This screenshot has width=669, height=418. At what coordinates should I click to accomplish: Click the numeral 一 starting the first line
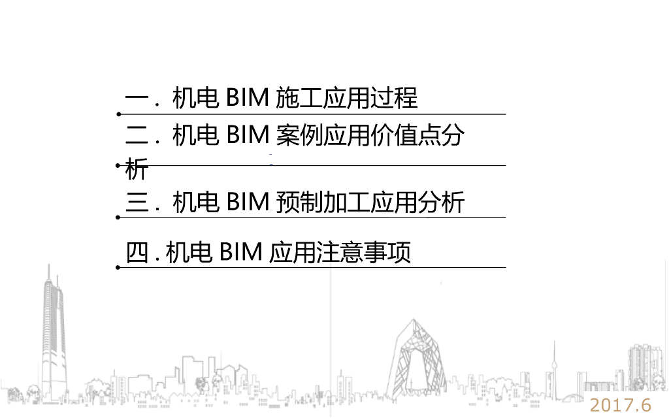click(137, 99)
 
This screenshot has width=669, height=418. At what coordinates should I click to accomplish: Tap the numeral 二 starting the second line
click(137, 137)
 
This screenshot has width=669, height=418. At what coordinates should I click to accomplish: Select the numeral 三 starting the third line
click(137, 202)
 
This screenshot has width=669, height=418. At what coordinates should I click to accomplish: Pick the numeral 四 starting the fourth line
click(137, 253)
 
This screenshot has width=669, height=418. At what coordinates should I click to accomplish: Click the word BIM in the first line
click(248, 99)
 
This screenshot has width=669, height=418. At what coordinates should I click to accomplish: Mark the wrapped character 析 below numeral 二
click(137, 170)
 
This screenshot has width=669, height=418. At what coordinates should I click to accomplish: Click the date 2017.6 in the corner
click(621, 405)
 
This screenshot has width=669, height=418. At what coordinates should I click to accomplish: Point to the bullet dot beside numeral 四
click(118, 267)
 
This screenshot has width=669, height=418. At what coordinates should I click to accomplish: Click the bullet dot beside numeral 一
click(118, 114)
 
